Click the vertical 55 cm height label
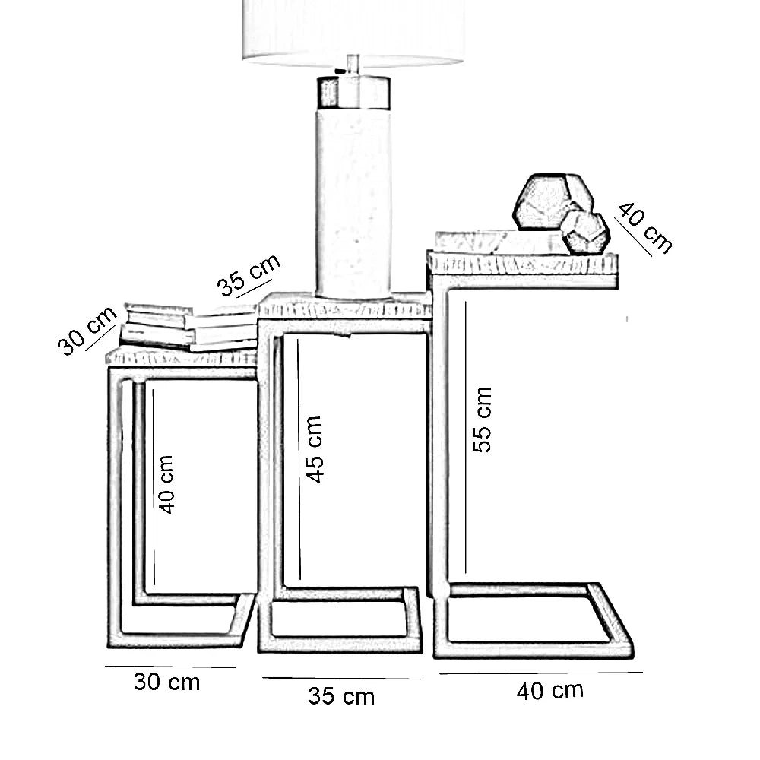pos(482,420)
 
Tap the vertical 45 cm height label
pos(314,448)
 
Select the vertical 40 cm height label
pos(166,484)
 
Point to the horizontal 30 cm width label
pos(167,682)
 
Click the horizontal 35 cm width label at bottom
pos(341,695)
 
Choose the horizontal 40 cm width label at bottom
pos(550,691)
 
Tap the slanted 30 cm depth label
pos(87,331)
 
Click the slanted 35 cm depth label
pos(249,275)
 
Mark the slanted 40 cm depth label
pos(644,227)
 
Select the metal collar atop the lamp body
pos(353,93)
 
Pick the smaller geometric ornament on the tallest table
pos(586,232)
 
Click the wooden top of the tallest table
pos(523,264)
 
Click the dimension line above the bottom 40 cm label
pos(540,673)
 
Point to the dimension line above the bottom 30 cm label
pos(170,667)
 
